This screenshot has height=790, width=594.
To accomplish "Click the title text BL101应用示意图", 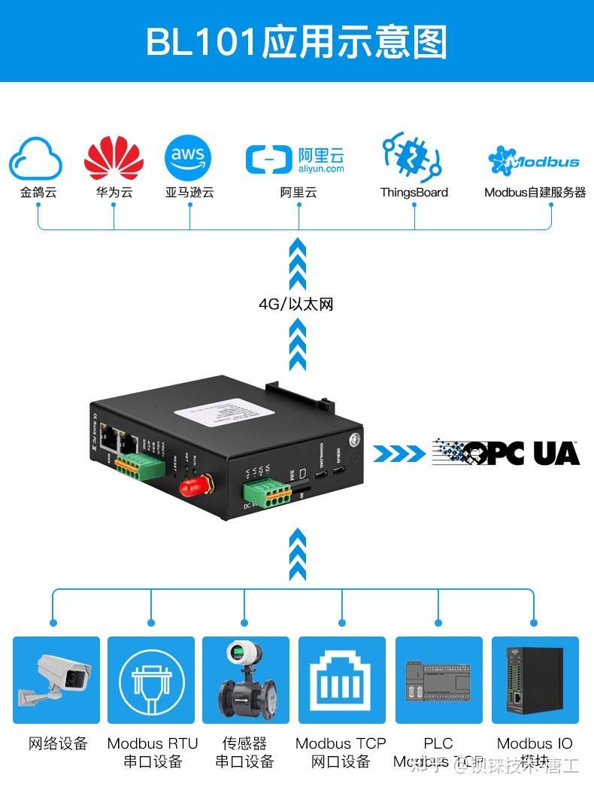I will tap(296, 41).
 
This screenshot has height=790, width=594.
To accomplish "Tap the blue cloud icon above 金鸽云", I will tap(36, 158).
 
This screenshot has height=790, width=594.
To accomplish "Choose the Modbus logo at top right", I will tap(534, 160).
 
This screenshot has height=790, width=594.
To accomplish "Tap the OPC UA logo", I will tap(506, 452).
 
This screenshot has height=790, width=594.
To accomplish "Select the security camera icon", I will tap(56, 679).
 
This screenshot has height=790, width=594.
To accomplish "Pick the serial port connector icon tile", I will tap(151, 679).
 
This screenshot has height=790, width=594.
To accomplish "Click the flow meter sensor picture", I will tap(245, 679).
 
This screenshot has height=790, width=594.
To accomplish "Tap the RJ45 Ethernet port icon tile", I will tap(341, 679).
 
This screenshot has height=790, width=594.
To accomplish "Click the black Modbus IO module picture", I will tap(535, 679).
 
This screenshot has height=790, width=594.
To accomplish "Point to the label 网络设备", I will tap(58, 743).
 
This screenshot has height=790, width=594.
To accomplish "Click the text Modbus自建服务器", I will tap(535, 193).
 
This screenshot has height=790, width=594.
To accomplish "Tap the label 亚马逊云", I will tap(189, 193).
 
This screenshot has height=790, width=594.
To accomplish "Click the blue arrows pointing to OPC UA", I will tap(399, 453).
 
